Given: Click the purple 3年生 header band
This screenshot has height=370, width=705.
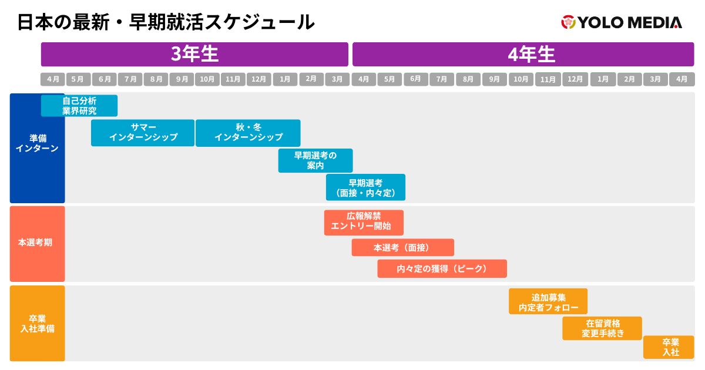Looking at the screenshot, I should (194, 55).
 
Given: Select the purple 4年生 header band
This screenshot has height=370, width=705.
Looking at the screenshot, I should (523, 55).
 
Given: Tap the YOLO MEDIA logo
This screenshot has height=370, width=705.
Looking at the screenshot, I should (622, 22).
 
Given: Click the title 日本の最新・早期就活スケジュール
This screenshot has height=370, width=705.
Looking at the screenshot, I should (166, 22).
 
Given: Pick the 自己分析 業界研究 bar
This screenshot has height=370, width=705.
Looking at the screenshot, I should (79, 106).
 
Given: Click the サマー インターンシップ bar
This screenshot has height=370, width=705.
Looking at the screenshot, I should (143, 133).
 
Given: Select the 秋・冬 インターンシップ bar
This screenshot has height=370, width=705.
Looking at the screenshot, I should (248, 133).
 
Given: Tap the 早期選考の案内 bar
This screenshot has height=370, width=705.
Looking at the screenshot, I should (315, 160).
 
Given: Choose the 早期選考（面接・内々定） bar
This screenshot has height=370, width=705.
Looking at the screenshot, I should (365, 187).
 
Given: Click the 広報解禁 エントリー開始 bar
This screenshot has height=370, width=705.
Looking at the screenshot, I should (364, 223).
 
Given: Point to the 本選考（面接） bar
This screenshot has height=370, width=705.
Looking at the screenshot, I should (402, 248).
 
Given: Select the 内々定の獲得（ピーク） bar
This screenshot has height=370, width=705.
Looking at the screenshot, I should (442, 268).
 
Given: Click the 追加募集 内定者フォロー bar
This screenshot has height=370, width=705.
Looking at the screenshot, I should (548, 301).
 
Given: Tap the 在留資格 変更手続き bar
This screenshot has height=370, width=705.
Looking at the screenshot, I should (602, 328).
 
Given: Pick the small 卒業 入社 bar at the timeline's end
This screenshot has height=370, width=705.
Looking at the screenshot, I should (669, 347).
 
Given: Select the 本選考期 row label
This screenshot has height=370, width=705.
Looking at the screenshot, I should (37, 243).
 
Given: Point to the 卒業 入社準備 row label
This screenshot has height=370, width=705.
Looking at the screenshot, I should (37, 324).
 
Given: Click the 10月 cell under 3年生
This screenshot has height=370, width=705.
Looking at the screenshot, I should (207, 79).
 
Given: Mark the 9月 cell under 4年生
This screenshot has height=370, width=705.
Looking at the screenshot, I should (494, 79).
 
